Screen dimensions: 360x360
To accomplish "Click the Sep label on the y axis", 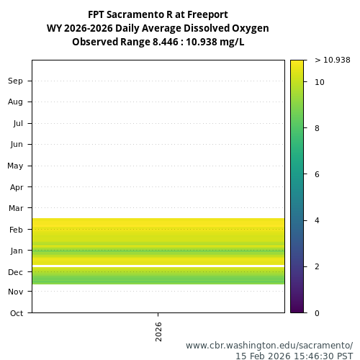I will click(15, 81).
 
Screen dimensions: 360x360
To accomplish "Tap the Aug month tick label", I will click(15, 102).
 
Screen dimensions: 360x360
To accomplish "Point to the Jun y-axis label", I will click(16, 145).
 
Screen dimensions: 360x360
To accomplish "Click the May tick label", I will click(15, 166).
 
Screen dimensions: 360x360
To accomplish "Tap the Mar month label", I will click(16, 209).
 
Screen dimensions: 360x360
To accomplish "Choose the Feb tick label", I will click(16, 230).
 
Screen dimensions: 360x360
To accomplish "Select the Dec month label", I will click(15, 272).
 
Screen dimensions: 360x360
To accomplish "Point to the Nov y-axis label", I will click(15, 292).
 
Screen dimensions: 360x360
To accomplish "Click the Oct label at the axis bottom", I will click(16, 313).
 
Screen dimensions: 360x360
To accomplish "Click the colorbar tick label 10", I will click(320, 82).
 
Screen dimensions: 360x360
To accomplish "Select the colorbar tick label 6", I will click(318, 174).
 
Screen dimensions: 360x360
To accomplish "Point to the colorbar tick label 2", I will click(318, 266).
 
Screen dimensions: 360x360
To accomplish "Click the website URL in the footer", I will click(269, 346).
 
